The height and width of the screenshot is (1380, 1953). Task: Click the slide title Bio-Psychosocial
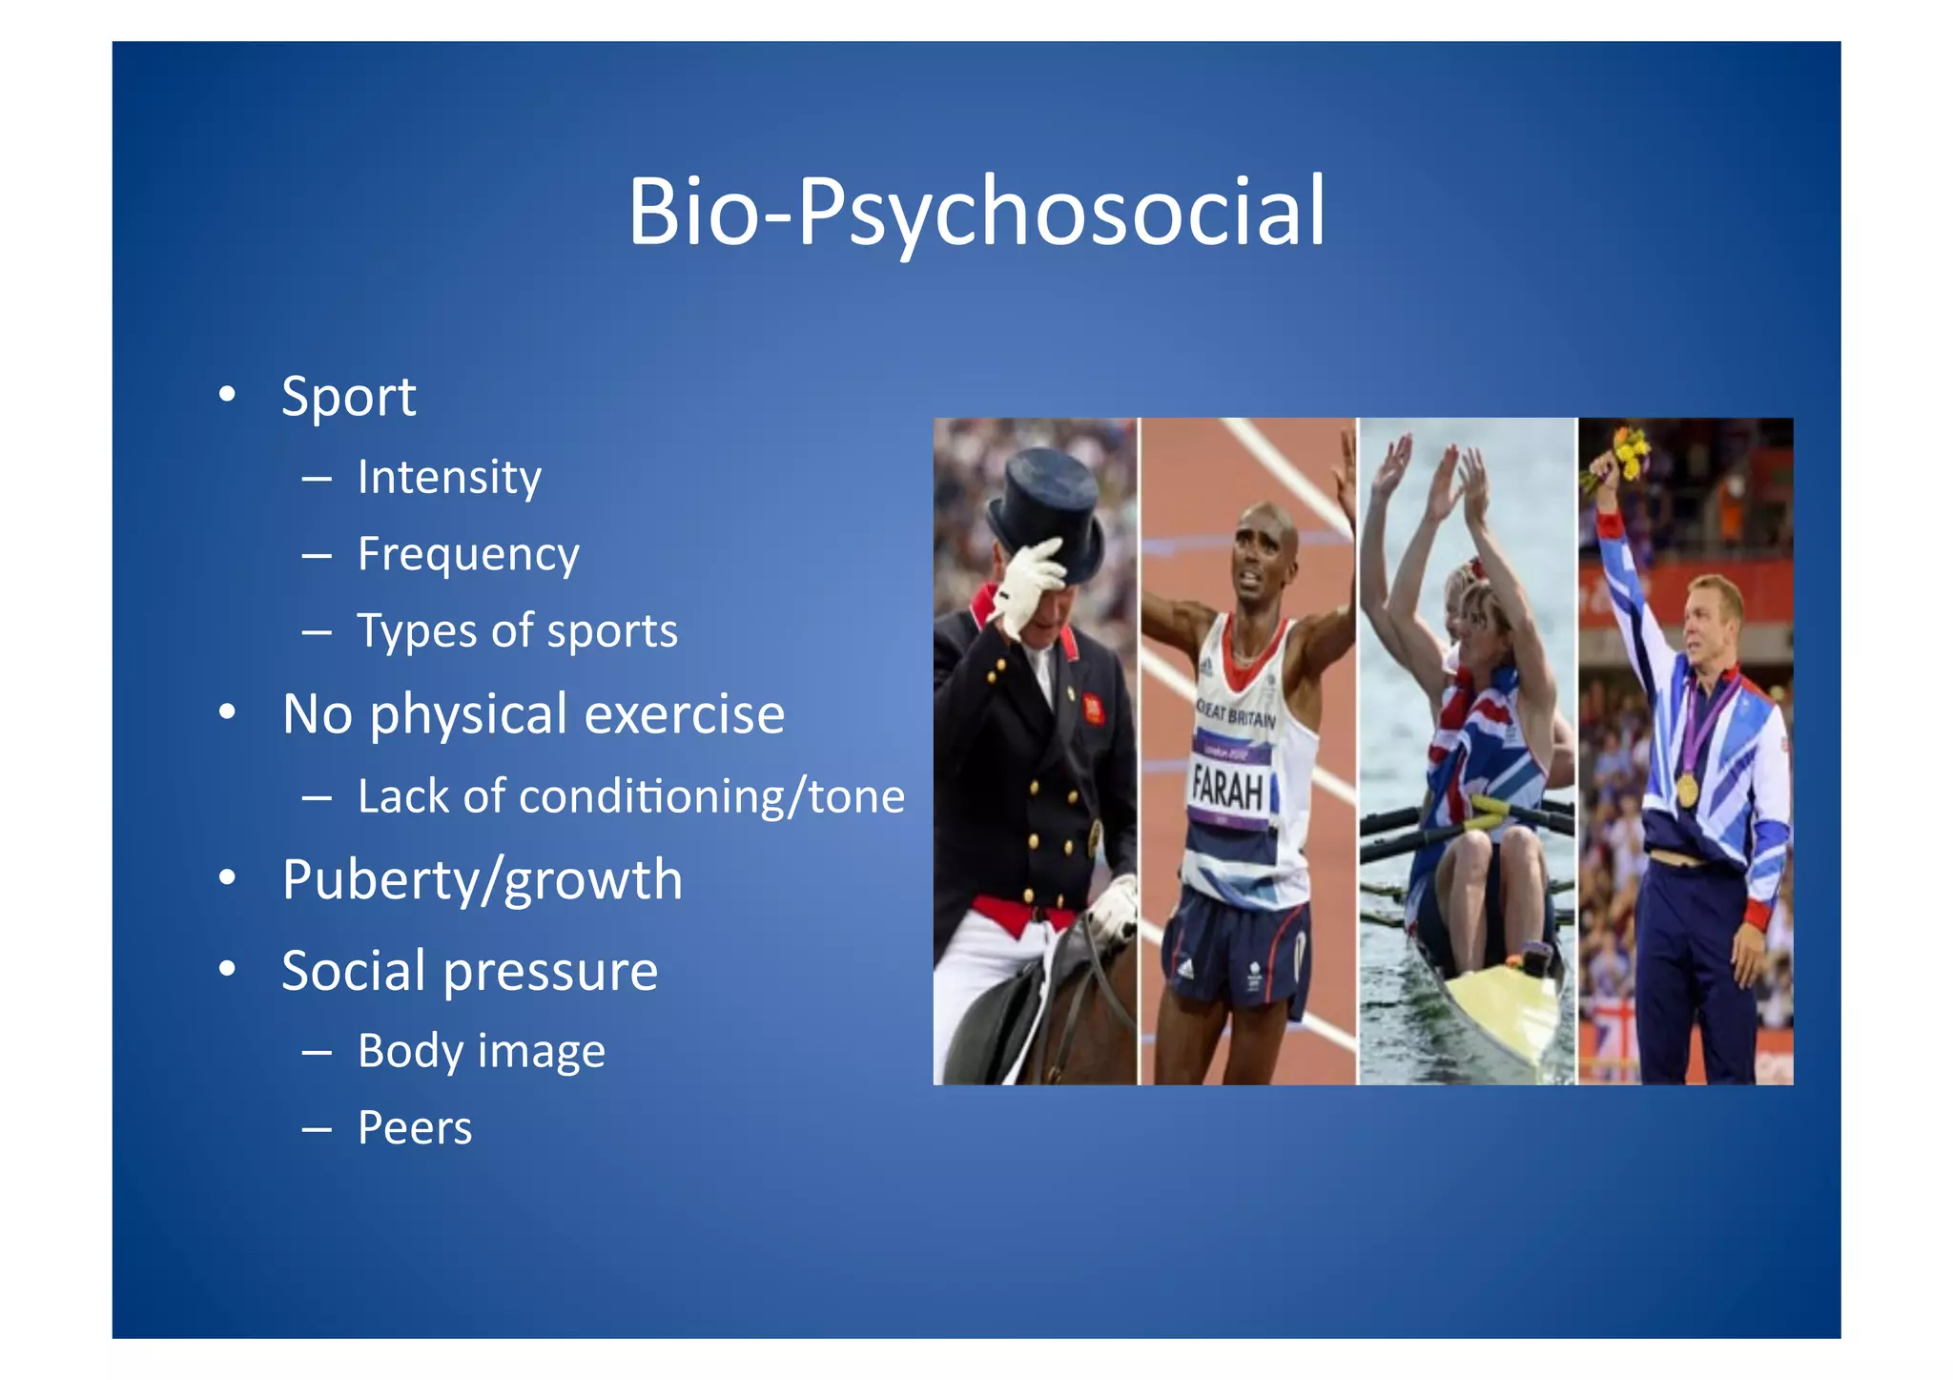(976, 211)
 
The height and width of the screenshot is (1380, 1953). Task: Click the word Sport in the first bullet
(349, 396)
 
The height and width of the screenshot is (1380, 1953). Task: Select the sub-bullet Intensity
(449, 477)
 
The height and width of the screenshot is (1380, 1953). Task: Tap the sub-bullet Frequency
(468, 554)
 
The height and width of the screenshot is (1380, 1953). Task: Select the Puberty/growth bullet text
(483, 879)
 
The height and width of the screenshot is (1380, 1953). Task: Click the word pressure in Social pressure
(550, 971)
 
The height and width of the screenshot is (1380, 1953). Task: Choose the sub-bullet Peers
(415, 1128)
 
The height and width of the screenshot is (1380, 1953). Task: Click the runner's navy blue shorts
(1235, 949)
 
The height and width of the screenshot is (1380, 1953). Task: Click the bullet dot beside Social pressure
(227, 969)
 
